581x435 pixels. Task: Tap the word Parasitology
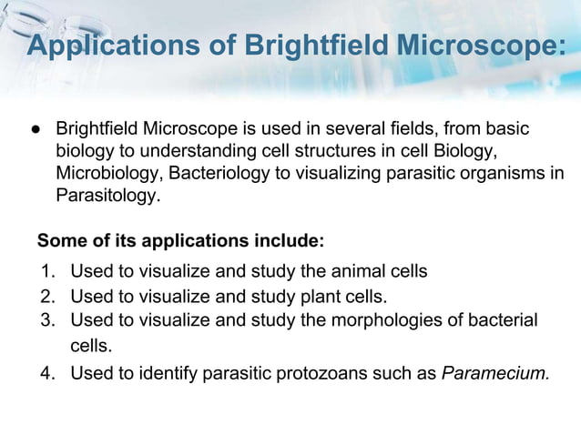click(107, 195)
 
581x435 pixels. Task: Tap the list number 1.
click(46, 271)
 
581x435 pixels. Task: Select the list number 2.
click(46, 296)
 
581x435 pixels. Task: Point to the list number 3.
click(46, 319)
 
